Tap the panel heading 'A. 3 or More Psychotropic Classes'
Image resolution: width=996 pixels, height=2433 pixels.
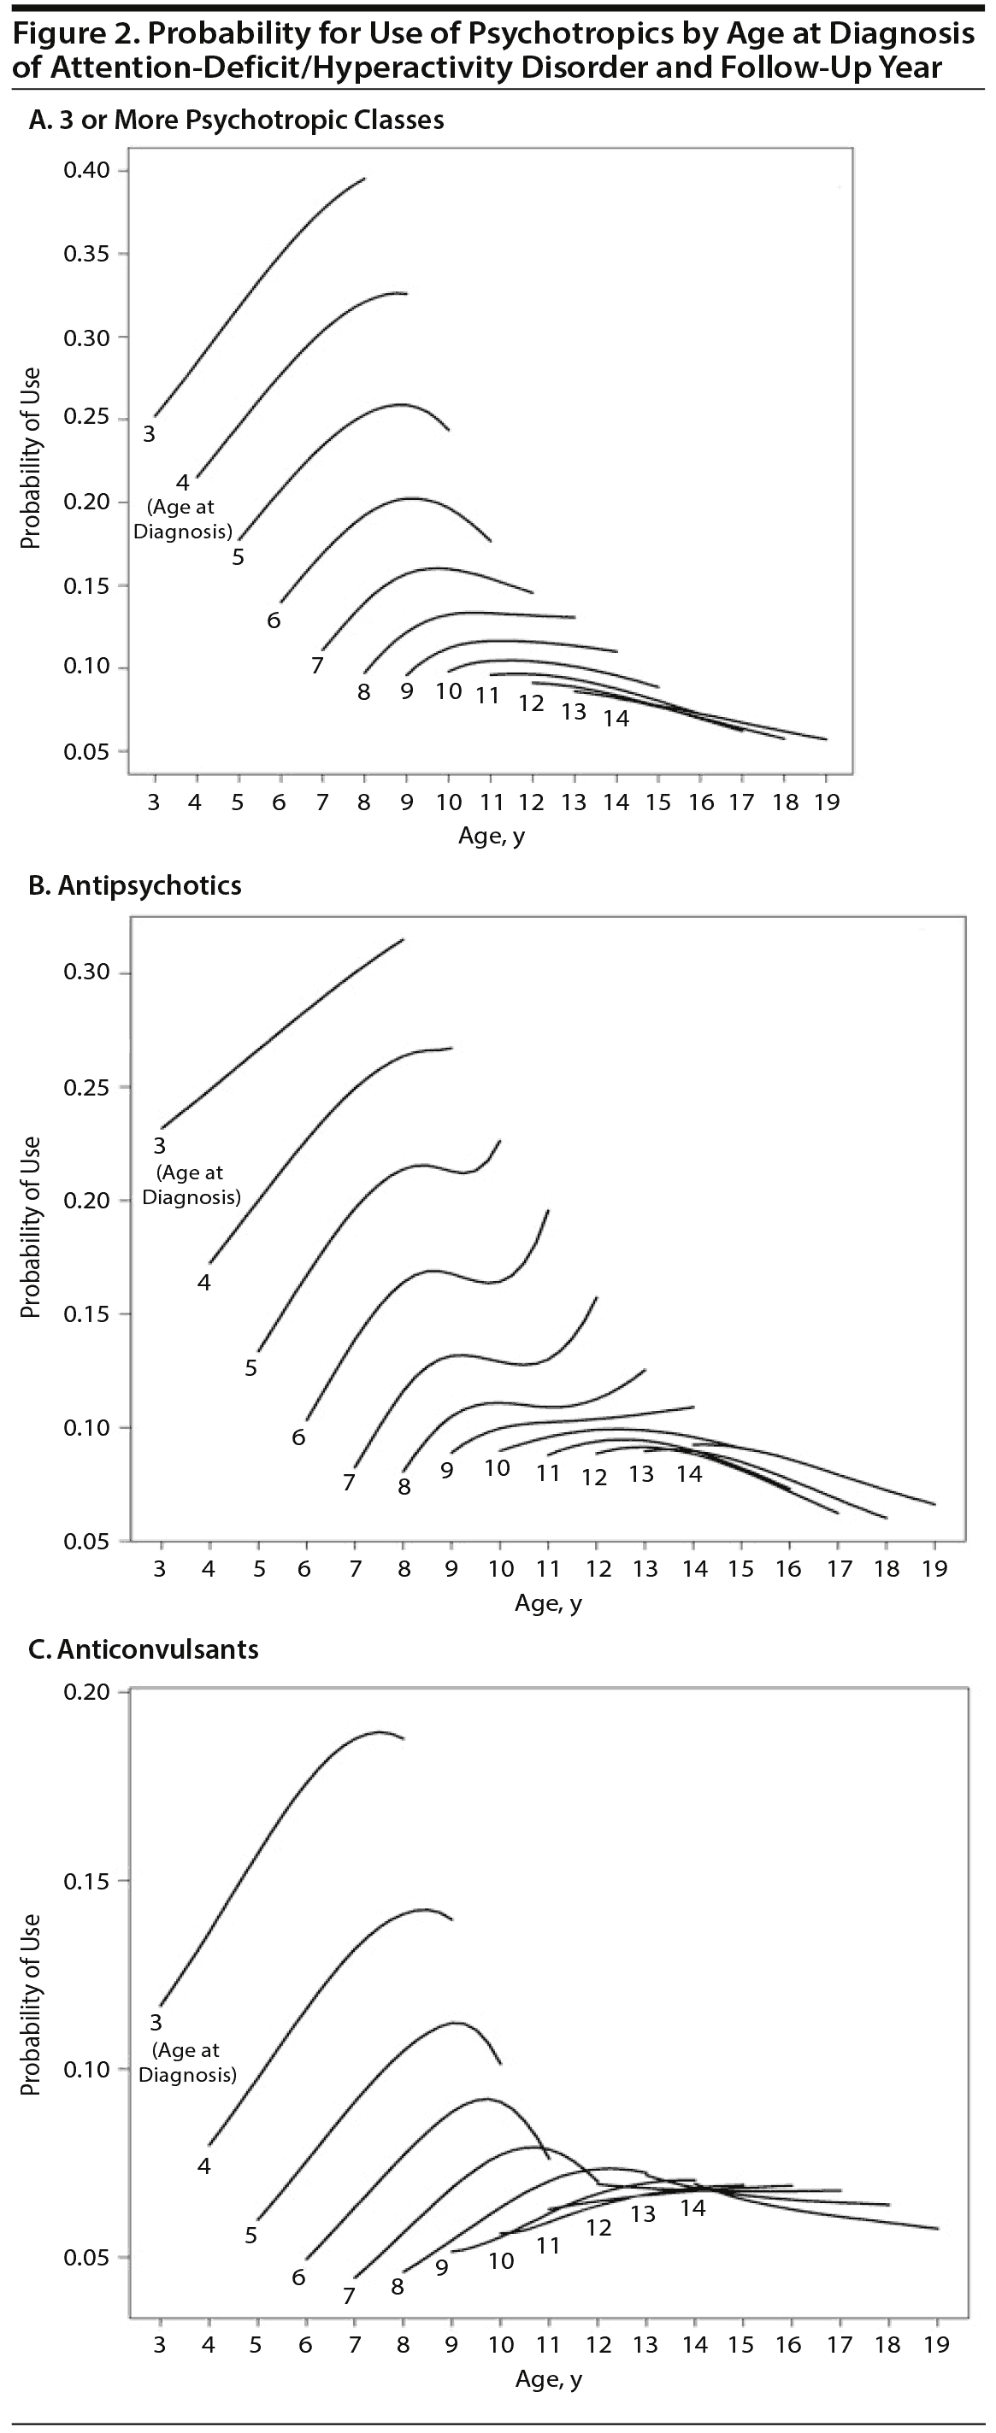pos(236,120)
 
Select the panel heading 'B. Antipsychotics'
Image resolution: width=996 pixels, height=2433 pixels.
pos(135,885)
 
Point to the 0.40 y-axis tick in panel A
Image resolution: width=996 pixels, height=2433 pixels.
pos(87,170)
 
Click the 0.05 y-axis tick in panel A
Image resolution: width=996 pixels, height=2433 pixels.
pos(87,752)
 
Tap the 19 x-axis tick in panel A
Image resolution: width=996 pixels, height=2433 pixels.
pos(827,802)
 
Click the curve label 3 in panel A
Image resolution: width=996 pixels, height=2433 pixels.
pos(150,434)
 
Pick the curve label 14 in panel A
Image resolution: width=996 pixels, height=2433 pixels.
pos(616,719)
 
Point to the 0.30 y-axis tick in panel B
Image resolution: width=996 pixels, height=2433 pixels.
pos(87,972)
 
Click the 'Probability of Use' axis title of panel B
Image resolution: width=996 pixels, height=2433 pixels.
pos(30,1227)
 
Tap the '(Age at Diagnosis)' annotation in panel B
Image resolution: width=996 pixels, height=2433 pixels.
pos(191,1184)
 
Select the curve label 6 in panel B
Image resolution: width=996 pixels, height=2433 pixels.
pos(298,1437)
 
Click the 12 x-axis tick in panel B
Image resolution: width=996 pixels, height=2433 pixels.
pos(598,1569)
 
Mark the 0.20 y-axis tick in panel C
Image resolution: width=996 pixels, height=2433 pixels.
pos(87,1691)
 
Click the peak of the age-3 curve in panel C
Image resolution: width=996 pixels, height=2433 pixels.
pos(379,1731)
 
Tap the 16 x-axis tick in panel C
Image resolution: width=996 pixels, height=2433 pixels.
pos(789,2345)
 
